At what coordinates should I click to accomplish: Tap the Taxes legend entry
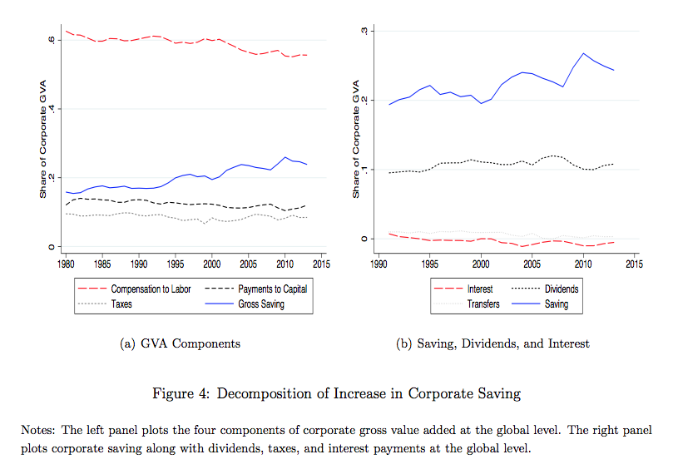pyautogui.click(x=121, y=304)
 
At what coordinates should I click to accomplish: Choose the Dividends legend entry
pyautogui.click(x=561, y=289)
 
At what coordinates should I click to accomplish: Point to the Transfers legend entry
pyautogui.click(x=482, y=304)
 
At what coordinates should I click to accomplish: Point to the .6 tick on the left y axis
pyautogui.click(x=52, y=39)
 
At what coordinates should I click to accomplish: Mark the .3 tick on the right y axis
pyautogui.click(x=364, y=31)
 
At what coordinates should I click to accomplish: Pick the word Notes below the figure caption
pyautogui.click(x=37, y=430)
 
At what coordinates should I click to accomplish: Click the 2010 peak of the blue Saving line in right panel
pyautogui.click(x=583, y=53)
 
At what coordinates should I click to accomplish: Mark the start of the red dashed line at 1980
pyautogui.click(x=66, y=31)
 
